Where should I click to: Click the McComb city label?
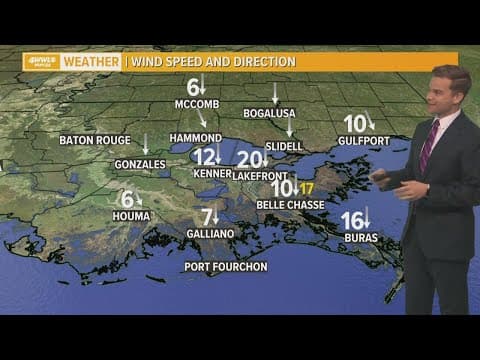pos(197,103)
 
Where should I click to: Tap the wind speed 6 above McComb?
pos(192,86)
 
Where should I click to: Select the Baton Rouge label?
pos(95,140)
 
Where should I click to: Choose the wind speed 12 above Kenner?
pos(203,157)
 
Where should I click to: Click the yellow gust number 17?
pos(307,188)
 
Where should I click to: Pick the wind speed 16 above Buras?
pos(351,220)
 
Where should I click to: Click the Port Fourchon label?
pos(226,266)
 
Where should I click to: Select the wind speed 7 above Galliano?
pos(207,216)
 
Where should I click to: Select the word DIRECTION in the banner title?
pos(264,61)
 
